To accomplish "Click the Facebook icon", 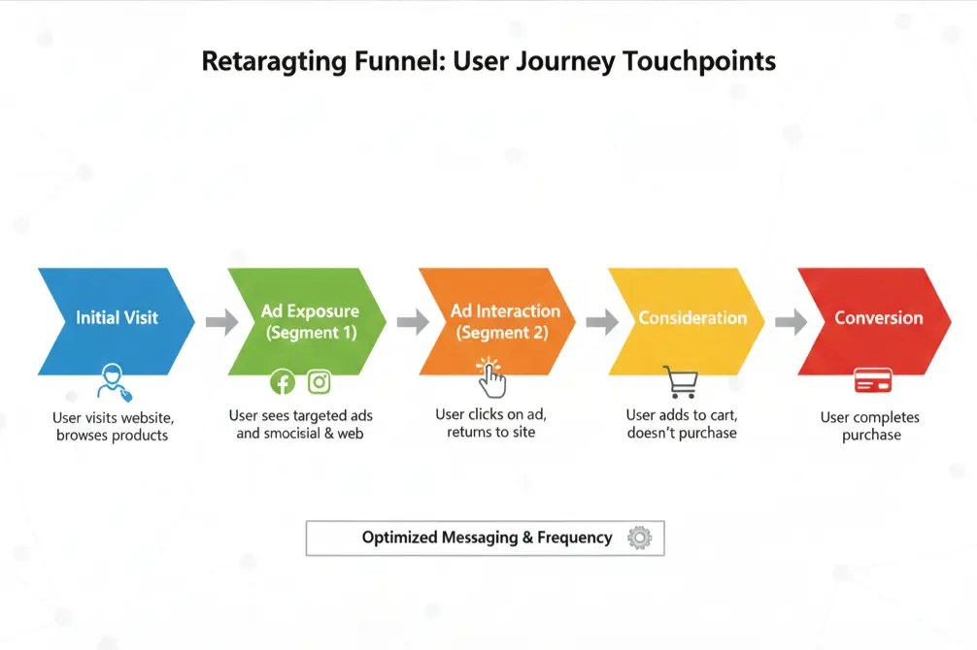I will click(x=283, y=382).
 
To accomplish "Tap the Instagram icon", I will click(x=319, y=382).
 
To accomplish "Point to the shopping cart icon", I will click(x=680, y=382).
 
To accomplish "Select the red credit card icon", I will click(x=872, y=381).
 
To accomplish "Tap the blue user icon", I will click(x=113, y=382).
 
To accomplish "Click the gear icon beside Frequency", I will click(x=639, y=537).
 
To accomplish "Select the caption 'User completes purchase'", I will click(x=870, y=426).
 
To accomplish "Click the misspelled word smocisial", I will click(x=293, y=434).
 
